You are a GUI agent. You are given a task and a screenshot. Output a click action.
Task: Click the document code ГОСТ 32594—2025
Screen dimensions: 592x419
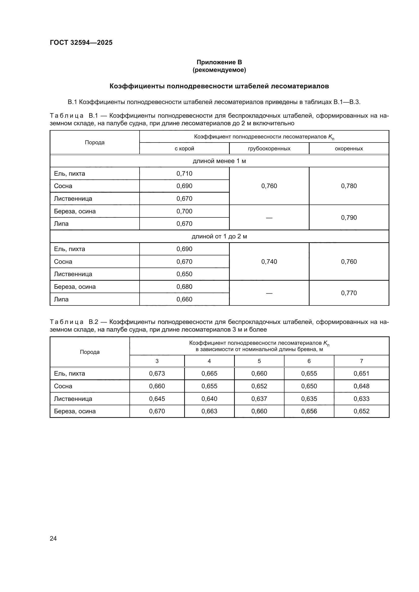click(x=81, y=43)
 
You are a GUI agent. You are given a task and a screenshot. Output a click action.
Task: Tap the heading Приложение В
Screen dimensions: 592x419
click(x=219, y=62)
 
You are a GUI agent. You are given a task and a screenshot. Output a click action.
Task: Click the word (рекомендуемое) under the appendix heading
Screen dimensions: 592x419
click(x=219, y=70)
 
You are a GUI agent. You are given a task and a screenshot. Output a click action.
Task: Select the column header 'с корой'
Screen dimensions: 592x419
click(x=184, y=149)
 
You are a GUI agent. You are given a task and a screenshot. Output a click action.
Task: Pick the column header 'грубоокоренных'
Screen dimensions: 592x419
click(x=269, y=149)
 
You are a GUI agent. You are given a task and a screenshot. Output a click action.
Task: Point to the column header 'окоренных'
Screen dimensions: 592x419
click(x=349, y=149)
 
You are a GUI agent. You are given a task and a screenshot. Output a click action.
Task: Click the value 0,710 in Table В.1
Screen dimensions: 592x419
click(x=184, y=174)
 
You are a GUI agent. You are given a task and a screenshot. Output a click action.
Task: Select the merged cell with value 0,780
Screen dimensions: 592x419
click(x=349, y=186)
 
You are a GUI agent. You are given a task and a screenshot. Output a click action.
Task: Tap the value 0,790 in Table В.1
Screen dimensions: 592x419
click(x=349, y=217)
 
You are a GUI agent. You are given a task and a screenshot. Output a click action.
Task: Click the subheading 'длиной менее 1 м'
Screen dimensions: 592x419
click(x=219, y=161)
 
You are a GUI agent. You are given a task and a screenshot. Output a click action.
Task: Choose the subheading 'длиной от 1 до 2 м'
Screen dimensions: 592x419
click(x=219, y=236)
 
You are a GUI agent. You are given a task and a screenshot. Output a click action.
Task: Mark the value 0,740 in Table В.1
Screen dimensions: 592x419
click(x=269, y=261)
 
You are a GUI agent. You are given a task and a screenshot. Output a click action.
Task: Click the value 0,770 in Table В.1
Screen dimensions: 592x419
click(x=349, y=293)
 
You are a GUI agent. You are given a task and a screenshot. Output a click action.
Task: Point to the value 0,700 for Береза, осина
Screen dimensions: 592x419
click(x=184, y=211)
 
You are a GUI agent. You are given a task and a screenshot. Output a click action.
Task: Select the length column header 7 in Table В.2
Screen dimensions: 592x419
click(x=361, y=361)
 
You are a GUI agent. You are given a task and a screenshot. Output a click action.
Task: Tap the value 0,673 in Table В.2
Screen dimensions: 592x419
click(x=157, y=373)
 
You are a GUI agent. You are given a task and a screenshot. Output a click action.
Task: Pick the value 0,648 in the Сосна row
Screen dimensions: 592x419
click(x=361, y=386)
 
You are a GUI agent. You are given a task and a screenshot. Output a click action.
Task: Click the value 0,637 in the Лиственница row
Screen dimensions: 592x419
click(x=259, y=399)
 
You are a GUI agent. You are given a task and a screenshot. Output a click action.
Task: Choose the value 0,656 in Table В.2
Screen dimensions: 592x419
click(x=309, y=411)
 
